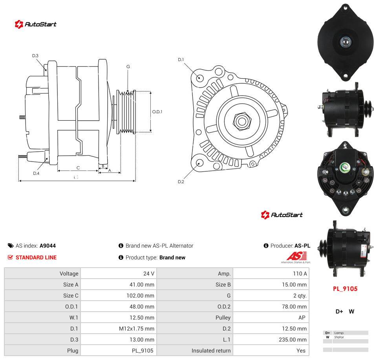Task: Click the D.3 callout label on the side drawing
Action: [35, 55]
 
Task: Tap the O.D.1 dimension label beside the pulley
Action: [157, 112]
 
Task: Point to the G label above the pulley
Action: [128, 67]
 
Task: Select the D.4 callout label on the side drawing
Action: [36, 173]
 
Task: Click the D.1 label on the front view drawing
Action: [181, 59]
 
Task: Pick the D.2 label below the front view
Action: [181, 182]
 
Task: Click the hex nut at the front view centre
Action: [242, 121]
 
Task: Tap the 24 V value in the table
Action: [149, 274]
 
